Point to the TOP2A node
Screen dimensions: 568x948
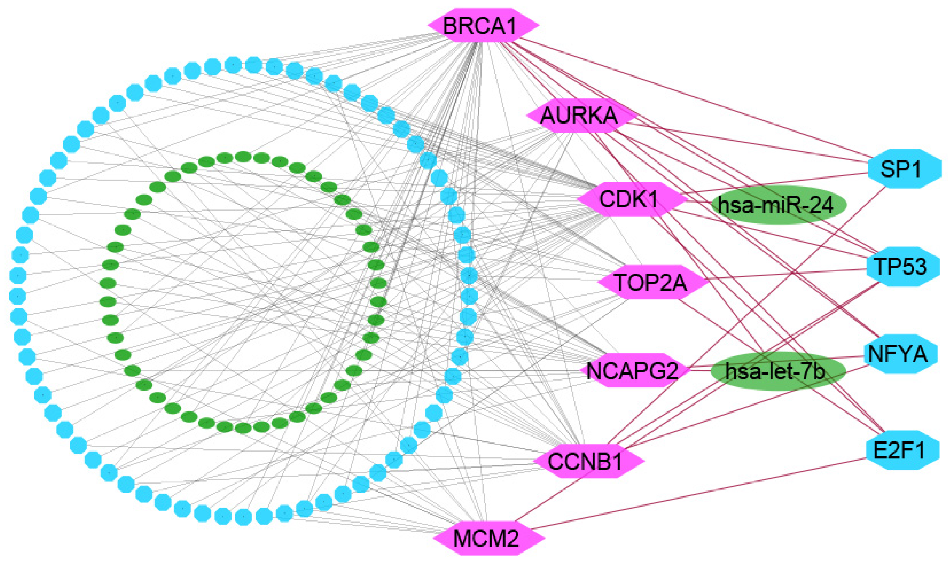652,283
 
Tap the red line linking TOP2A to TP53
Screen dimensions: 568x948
788,274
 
